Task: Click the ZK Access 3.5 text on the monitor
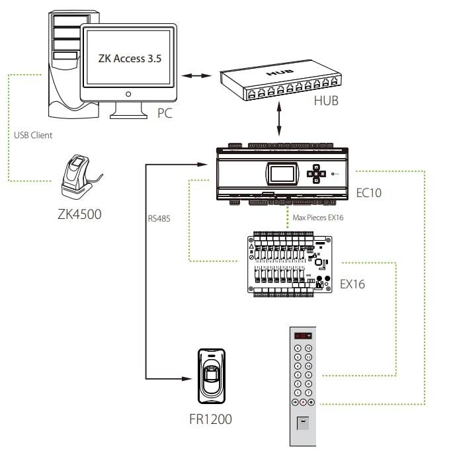(129, 58)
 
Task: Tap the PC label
(165, 113)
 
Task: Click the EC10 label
(368, 193)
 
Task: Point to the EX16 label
(352, 284)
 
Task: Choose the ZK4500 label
(80, 214)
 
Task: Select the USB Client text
(33, 136)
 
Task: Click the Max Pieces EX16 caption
(317, 217)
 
